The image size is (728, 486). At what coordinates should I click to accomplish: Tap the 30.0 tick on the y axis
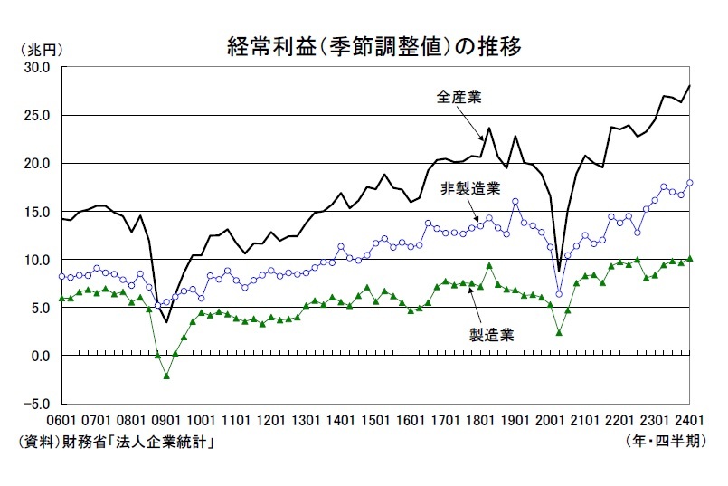(37, 68)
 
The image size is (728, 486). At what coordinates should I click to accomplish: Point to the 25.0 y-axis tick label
(37, 116)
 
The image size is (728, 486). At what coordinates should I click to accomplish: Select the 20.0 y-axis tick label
(37, 164)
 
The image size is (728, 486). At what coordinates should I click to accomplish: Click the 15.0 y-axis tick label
(37, 212)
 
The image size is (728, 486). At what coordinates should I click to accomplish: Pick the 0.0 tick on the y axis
(42, 356)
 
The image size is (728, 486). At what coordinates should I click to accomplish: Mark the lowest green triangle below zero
(166, 375)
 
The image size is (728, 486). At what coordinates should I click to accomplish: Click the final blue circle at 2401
(690, 183)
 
